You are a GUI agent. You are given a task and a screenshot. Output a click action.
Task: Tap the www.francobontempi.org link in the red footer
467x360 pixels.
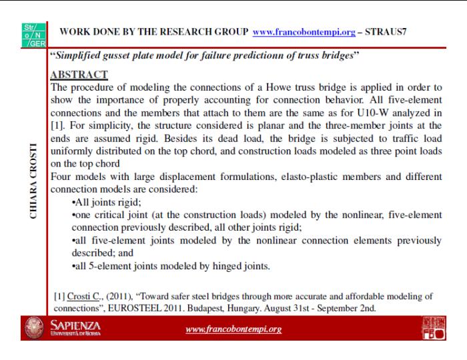pyautogui.click(x=233, y=329)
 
